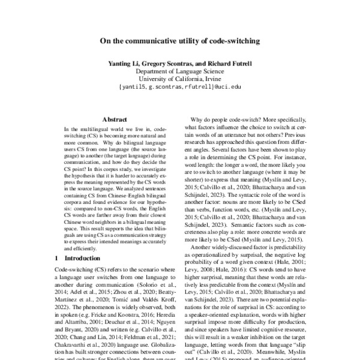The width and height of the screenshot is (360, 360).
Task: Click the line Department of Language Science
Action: click(x=180, y=70)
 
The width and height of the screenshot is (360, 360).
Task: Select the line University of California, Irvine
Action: click(x=180, y=79)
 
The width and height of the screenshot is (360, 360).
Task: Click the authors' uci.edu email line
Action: click(x=180, y=87)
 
